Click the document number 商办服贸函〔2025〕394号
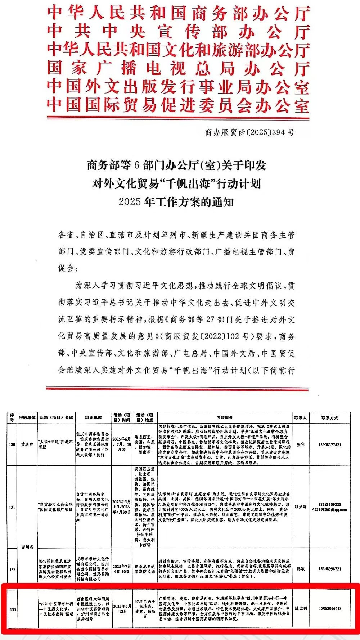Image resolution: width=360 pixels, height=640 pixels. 249,132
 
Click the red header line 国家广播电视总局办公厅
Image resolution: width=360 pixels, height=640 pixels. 178,68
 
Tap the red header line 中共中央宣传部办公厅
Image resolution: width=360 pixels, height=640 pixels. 178,32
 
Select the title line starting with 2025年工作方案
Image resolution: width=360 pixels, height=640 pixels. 176,202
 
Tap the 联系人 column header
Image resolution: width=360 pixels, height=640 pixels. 301,418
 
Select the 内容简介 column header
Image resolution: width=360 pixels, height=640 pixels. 225,418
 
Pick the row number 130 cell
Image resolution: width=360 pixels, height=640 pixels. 12,445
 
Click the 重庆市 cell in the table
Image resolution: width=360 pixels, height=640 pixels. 27,445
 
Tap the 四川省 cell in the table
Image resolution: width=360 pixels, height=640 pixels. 27,547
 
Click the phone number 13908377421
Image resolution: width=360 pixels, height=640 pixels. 329,445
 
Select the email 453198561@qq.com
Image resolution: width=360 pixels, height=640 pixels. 329,510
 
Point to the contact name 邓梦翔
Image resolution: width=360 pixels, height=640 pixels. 301,507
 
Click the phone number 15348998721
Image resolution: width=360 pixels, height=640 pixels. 329,569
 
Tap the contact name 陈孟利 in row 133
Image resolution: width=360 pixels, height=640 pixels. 301,608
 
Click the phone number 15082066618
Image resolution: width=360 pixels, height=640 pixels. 329,608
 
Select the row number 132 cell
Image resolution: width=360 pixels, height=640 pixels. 12,569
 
